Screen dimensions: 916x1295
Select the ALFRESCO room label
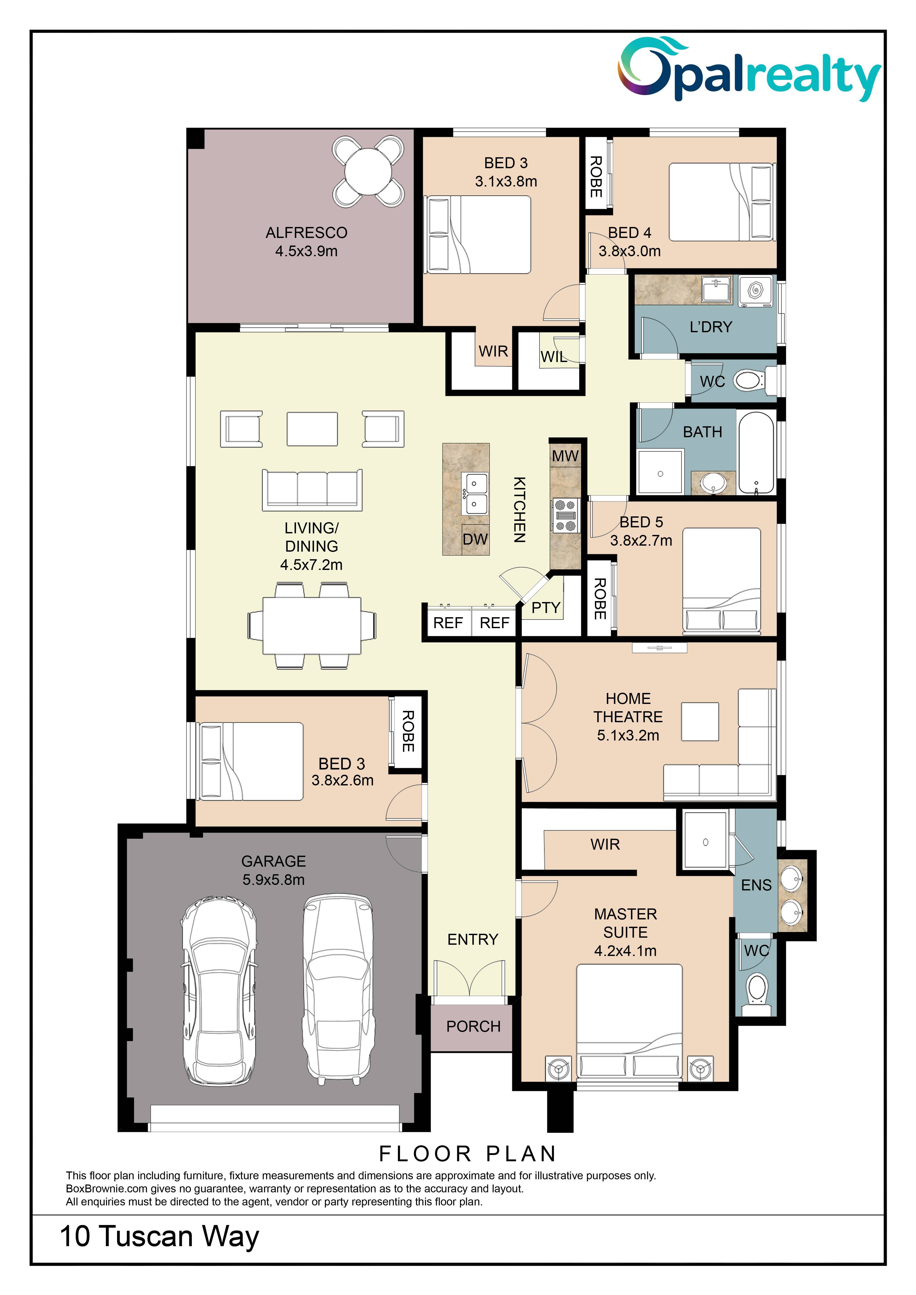click(x=306, y=232)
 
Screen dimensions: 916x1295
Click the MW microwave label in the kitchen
click(x=565, y=456)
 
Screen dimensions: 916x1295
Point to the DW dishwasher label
click(x=475, y=539)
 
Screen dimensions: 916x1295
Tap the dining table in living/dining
click(x=312, y=626)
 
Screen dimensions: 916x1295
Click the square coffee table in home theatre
click(x=700, y=721)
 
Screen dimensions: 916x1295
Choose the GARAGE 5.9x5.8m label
click(x=274, y=870)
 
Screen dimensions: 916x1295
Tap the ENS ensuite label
click(x=756, y=885)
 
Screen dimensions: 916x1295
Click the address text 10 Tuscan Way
click(x=160, y=1236)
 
